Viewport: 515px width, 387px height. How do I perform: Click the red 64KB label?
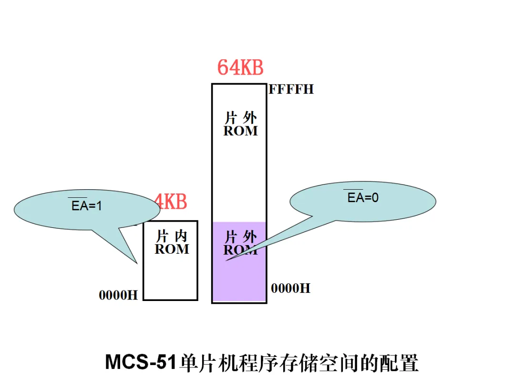click(x=240, y=67)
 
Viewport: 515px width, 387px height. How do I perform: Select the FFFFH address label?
click(x=291, y=89)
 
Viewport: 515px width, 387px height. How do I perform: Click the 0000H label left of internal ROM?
click(x=118, y=295)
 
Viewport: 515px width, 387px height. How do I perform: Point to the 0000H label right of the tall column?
click(x=290, y=288)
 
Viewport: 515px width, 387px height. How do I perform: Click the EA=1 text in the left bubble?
click(x=87, y=206)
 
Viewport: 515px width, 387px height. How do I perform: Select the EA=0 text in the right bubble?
click(x=363, y=198)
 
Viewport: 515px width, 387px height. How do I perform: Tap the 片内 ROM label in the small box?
click(x=172, y=242)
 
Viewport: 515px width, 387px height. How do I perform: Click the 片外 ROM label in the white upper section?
click(x=240, y=124)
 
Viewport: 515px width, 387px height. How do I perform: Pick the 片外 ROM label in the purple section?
click(x=241, y=243)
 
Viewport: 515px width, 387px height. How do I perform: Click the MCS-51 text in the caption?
click(x=142, y=363)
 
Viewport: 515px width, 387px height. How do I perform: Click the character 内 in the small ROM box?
click(x=181, y=236)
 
